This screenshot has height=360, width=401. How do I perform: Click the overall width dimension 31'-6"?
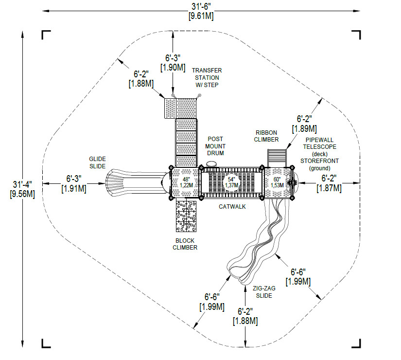[x=201, y=6]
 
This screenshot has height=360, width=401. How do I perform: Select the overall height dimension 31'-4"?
[x=22, y=184]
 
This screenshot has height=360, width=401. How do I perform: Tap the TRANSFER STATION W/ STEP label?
[x=208, y=78]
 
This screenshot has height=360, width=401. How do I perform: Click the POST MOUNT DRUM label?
[x=214, y=146]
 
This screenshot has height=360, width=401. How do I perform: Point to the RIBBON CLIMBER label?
[x=266, y=136]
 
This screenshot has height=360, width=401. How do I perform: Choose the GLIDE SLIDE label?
[x=97, y=162]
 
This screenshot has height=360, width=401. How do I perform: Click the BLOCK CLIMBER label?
[x=185, y=244]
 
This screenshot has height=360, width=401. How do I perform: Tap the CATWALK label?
[x=232, y=206]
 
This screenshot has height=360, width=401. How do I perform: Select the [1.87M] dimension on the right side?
[x=329, y=188]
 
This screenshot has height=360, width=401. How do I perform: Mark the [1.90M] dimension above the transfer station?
[x=173, y=68]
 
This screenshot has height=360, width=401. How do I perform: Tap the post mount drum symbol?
[x=212, y=164]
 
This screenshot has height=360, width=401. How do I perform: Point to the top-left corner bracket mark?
[x=46, y=35]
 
